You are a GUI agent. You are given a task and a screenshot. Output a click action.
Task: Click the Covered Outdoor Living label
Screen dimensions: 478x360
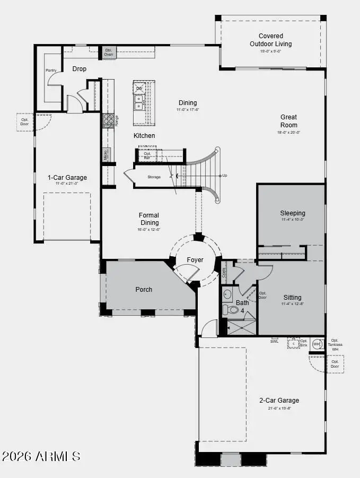270,40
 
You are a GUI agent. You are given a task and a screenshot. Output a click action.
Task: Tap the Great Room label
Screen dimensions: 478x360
289,121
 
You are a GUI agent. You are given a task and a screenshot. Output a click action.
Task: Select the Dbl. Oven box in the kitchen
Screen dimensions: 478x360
109,52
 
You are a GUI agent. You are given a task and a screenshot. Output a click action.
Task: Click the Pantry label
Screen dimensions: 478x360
51,70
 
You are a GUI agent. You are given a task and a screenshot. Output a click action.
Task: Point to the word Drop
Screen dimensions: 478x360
80,69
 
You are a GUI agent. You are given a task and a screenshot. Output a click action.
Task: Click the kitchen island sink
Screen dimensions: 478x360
138,102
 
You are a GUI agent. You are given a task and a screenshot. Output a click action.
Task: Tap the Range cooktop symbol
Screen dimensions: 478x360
107,120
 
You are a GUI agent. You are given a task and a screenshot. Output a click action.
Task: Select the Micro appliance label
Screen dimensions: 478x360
106,154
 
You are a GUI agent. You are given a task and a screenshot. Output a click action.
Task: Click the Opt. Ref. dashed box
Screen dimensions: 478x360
147,155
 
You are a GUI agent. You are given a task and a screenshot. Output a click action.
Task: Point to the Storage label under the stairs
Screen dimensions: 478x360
154,177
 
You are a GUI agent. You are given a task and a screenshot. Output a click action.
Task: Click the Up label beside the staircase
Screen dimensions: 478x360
224,175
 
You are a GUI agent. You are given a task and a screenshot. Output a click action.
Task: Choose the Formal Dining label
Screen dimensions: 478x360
149,219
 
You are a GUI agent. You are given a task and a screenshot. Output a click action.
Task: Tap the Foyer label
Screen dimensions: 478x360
195,260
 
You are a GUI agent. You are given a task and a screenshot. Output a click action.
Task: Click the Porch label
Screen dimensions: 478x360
144,289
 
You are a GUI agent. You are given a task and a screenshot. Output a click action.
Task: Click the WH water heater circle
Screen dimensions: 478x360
317,344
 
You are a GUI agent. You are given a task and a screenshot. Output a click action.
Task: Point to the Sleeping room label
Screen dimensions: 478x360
293,213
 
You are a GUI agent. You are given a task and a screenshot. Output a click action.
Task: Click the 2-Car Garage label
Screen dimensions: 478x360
279,401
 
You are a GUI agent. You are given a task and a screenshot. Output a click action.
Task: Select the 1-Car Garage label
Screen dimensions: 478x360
67,178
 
